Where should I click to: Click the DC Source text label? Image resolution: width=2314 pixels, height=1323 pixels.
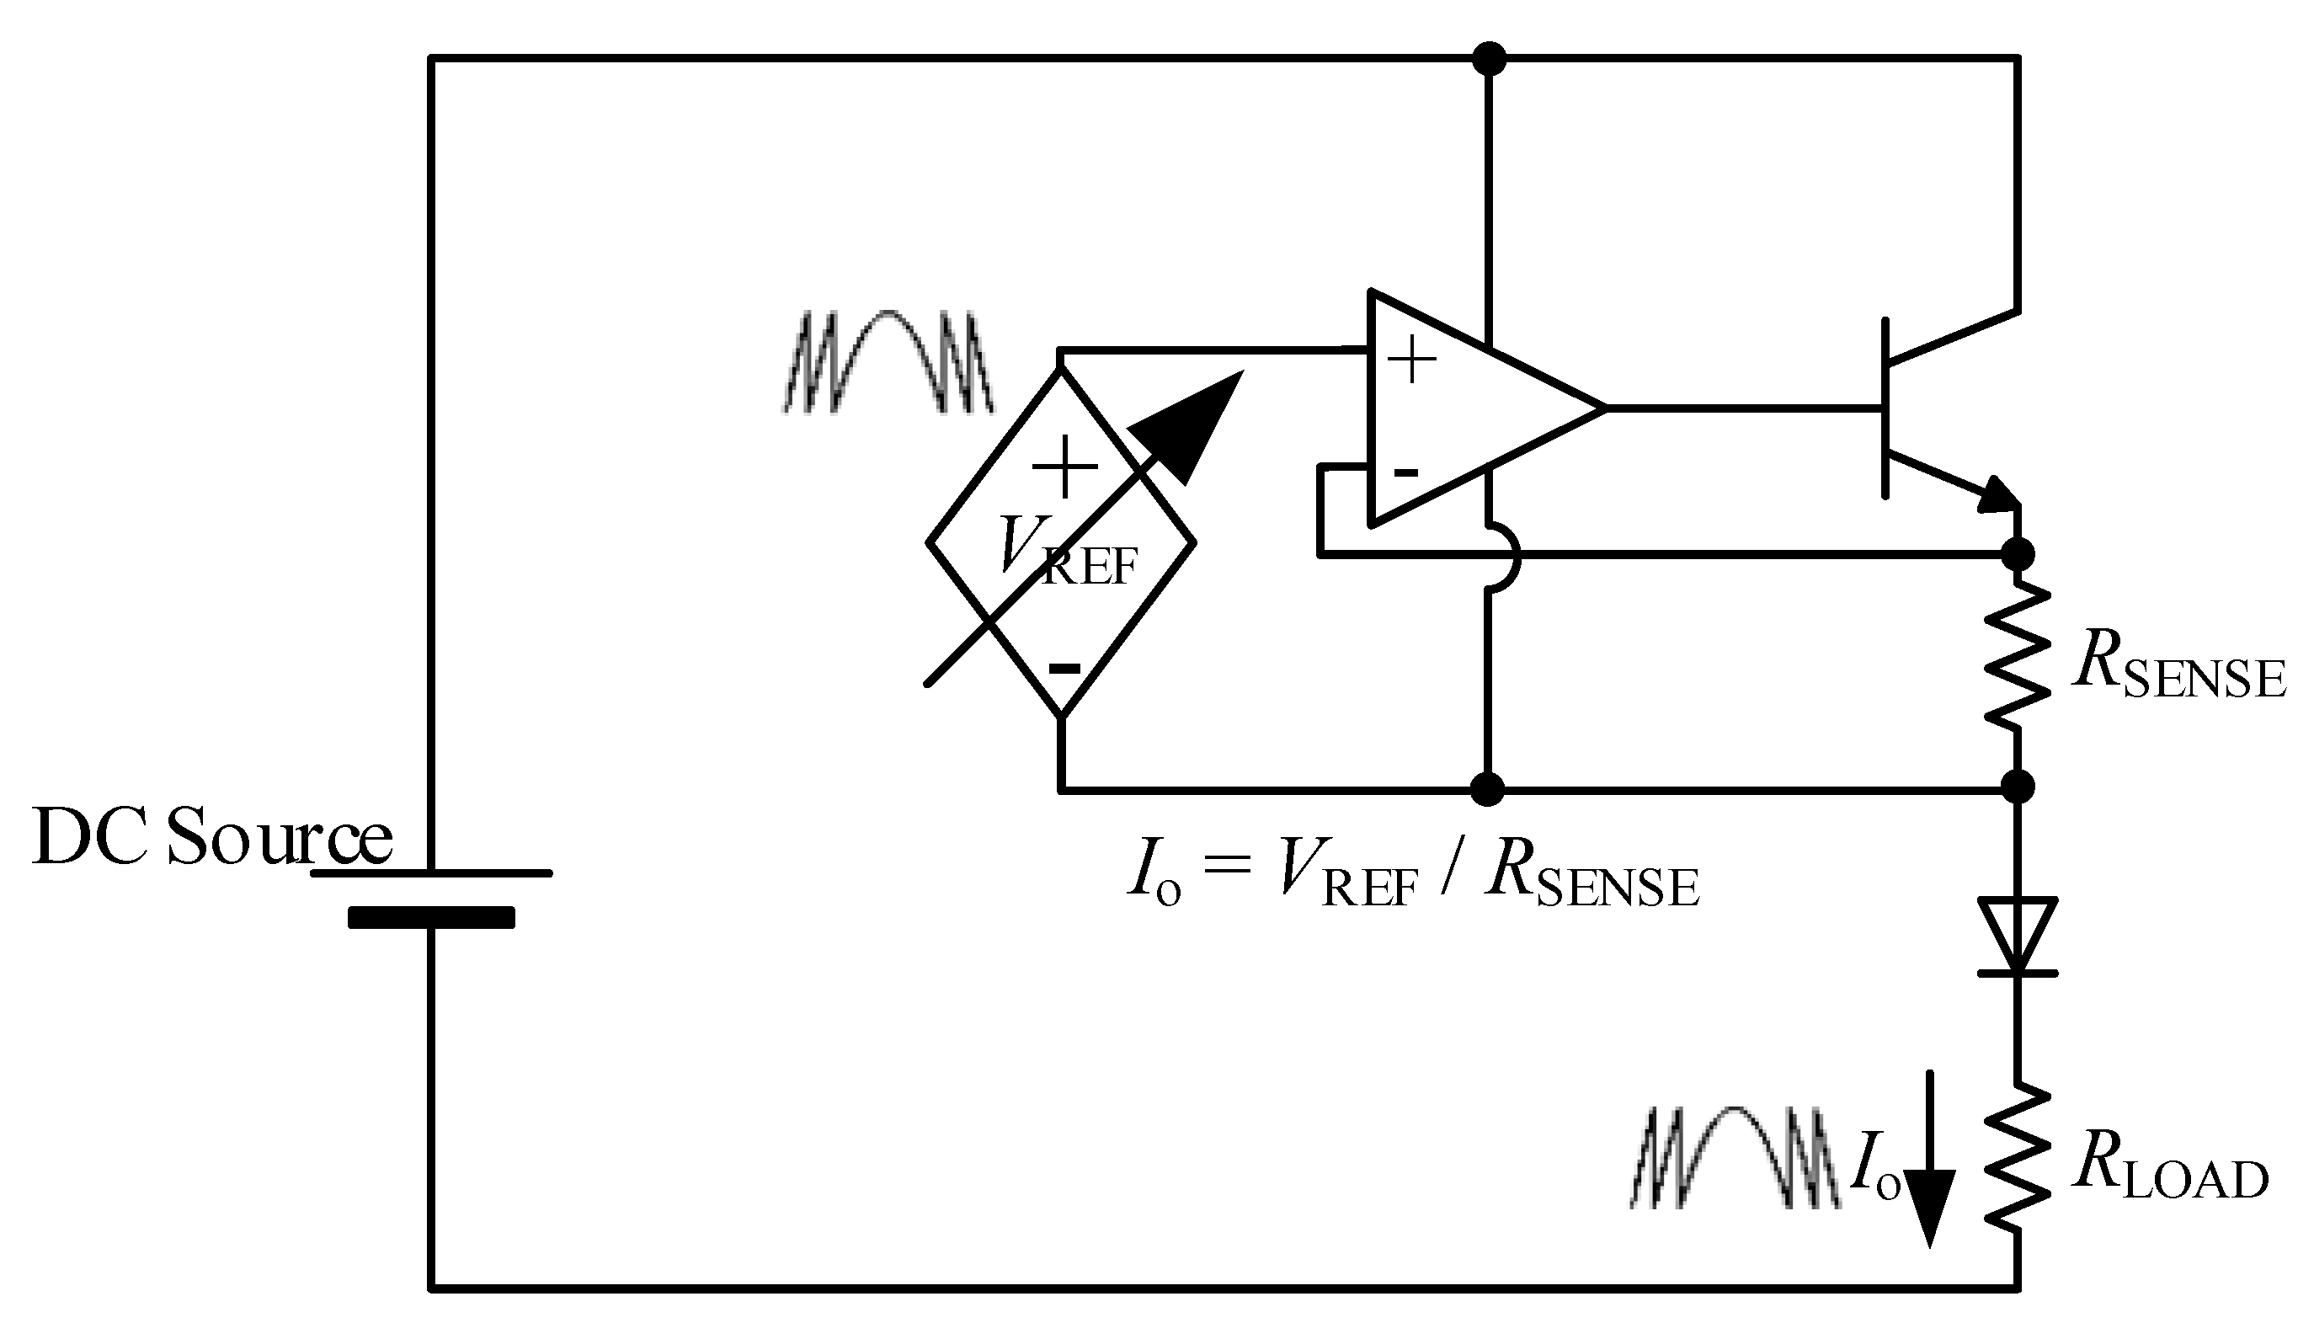tap(211, 836)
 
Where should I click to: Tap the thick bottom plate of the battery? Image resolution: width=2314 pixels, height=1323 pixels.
tap(430, 918)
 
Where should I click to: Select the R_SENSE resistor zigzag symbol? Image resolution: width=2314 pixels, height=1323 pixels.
tap(2017, 656)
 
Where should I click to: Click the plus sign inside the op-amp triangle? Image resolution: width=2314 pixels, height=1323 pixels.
tap(1411, 360)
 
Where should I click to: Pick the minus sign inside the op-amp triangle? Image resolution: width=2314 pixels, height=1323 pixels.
tap(1405, 472)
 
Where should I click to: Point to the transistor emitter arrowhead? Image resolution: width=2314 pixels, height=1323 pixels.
tap(1999, 496)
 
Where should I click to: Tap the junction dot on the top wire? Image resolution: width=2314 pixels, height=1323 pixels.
tap(1488, 59)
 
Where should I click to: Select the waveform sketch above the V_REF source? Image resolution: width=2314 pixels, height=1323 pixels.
tap(888, 361)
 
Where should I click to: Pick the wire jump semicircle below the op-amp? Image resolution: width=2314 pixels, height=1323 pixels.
tap(1505, 557)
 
